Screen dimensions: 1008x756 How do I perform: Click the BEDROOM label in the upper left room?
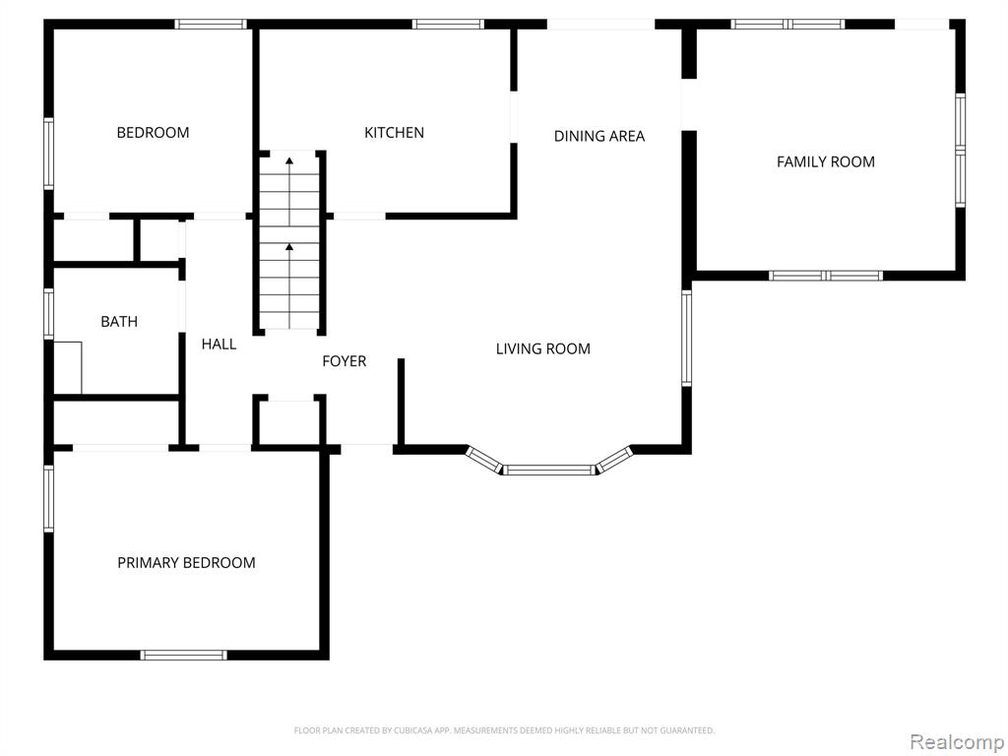coord(153,133)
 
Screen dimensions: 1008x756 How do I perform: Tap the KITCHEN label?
coord(394,133)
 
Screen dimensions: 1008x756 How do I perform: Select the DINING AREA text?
coord(599,136)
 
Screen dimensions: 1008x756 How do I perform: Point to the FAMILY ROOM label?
coord(826,161)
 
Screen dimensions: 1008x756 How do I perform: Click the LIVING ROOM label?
coord(543,348)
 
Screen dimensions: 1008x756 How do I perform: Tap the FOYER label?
coord(344,361)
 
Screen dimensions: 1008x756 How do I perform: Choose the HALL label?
coord(219,344)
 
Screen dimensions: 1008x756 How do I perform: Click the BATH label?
coord(119,322)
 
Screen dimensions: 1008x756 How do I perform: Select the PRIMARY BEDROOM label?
coord(186,562)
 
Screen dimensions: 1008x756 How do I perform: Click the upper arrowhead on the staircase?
coord(289,160)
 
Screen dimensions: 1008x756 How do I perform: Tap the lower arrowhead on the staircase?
coord(289,246)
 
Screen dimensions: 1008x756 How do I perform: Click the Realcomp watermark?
coord(957,741)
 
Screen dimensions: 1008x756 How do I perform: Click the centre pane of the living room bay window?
coord(548,470)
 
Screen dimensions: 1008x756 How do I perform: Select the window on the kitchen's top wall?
coord(448,25)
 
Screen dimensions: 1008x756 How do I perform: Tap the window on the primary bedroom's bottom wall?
coord(183,655)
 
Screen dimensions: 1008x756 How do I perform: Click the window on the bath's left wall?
coord(48,314)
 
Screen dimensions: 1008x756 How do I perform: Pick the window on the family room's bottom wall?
coord(826,276)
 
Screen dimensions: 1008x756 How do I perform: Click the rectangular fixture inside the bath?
coord(68,367)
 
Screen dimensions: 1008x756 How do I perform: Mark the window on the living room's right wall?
coord(686,339)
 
